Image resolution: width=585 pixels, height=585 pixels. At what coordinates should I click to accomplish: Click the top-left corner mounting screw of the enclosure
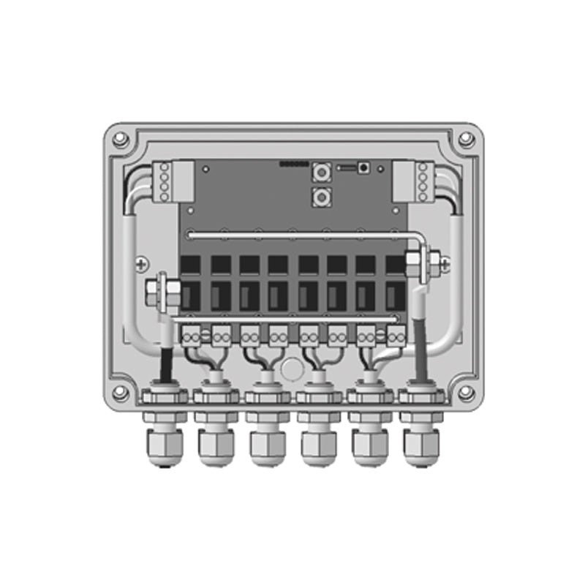pos(121,139)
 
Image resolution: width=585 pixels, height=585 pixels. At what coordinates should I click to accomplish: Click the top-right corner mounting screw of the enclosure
pos(465,139)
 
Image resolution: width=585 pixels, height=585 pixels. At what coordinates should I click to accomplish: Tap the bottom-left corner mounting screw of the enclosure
pos(121,393)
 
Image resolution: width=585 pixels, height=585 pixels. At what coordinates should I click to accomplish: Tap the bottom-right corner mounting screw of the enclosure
pos(465,393)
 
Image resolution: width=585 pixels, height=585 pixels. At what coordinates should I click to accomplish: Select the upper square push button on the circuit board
pos(320,173)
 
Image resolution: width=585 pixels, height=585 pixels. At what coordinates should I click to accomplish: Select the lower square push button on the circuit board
pos(320,196)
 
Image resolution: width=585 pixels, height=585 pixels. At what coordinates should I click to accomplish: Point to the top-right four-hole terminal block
pos(422,181)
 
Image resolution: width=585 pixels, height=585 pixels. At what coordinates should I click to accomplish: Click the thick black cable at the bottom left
pos(165,363)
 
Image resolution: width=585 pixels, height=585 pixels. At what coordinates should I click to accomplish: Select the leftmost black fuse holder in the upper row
pos(191,265)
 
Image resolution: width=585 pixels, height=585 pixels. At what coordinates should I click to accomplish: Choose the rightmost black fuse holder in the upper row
pos(395,265)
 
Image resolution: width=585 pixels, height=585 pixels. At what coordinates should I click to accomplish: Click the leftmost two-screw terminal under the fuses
pos(192,336)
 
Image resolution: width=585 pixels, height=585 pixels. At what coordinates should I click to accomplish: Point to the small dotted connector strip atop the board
pos(294,164)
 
